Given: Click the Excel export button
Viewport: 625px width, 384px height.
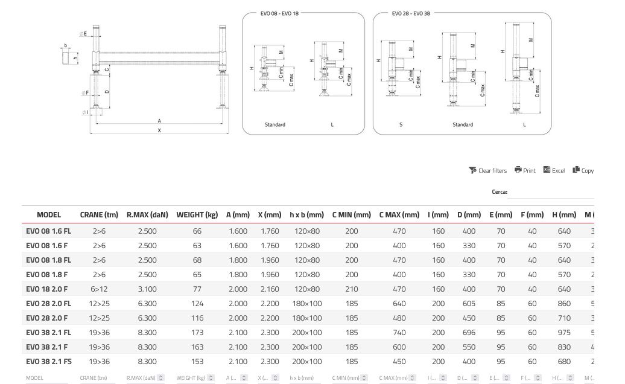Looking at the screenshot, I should tap(554, 170).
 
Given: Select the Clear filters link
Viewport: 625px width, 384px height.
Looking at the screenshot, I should tap(488, 170).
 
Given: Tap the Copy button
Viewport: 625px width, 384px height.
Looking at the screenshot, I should tap(583, 170).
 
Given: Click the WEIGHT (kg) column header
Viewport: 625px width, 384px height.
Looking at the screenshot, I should tap(197, 215).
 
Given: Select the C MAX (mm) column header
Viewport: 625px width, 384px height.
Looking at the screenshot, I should tap(399, 215).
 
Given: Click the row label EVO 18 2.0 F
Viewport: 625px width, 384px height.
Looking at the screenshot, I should tap(46, 289).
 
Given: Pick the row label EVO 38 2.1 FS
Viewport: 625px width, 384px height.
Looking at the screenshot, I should tap(48, 362).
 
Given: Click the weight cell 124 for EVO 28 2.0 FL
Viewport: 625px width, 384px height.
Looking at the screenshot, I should tap(197, 304).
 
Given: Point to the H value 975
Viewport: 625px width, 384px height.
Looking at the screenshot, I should tap(563, 333).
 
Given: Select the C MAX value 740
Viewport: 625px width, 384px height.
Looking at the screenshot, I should tap(399, 333).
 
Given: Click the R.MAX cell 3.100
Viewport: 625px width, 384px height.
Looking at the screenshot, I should tap(147, 289).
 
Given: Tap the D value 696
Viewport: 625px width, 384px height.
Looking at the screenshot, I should tap(469, 333).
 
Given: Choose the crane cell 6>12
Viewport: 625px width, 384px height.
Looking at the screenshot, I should tap(99, 289).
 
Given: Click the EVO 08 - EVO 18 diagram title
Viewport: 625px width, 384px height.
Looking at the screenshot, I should tap(279, 13).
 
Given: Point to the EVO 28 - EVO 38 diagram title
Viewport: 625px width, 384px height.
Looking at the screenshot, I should tap(411, 13).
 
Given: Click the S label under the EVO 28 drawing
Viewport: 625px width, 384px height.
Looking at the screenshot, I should tap(401, 125).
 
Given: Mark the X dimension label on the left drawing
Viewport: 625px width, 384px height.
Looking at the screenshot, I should tap(159, 130).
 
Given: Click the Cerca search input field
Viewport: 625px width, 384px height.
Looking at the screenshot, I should tap(550, 193).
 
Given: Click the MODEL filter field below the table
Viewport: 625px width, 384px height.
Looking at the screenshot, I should tap(48, 378).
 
